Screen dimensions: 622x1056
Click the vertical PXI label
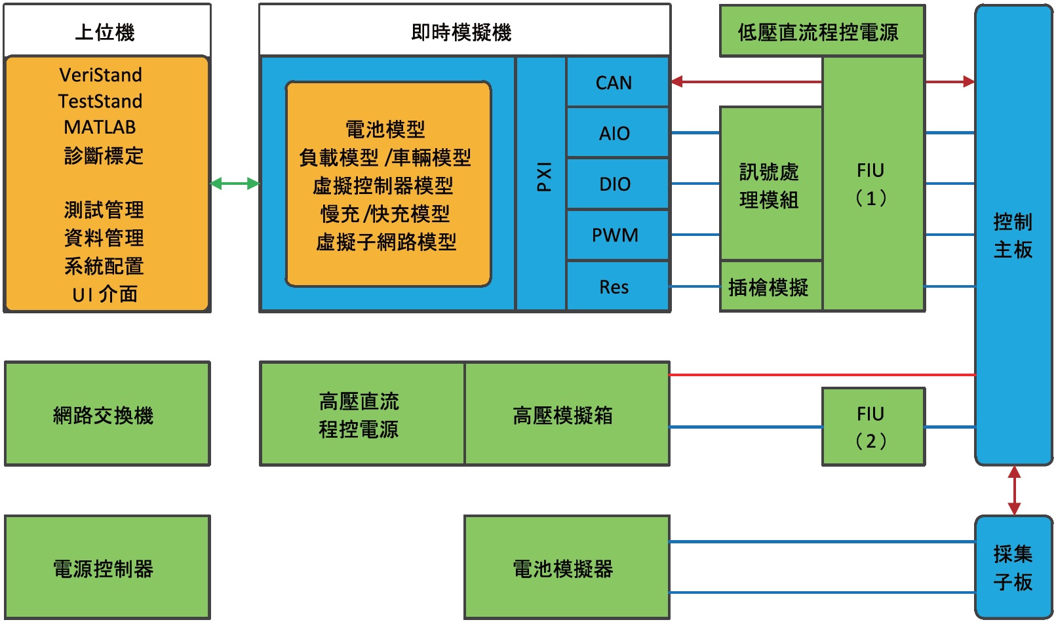[543, 177]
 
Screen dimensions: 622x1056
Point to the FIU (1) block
[872, 184]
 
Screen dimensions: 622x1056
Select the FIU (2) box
[872, 427]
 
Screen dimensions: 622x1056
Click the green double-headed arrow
[235, 184]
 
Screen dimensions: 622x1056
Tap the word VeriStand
[100, 75]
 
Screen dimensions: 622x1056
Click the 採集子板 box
[1013, 568]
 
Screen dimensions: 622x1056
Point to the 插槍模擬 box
[770, 286]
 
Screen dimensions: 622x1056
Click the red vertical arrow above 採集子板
[1014, 490]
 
